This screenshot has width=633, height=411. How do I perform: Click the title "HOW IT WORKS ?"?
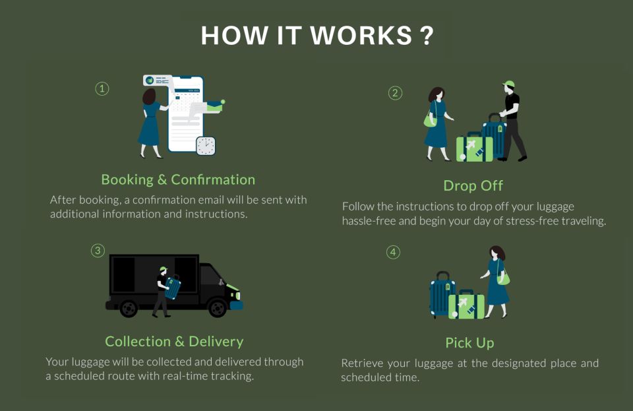click(x=316, y=36)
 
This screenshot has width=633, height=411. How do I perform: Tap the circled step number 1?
click(x=102, y=88)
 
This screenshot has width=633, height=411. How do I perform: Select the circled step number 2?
click(x=395, y=93)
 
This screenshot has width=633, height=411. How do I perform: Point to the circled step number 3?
click(x=98, y=250)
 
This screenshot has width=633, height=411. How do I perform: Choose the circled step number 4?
click(x=393, y=252)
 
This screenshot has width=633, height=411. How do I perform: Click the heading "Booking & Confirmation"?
click(x=178, y=179)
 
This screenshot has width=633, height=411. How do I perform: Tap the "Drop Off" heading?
click(x=473, y=185)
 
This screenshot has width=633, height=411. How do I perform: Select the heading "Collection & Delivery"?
click(x=174, y=341)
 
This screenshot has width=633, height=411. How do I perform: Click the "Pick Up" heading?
click(x=469, y=343)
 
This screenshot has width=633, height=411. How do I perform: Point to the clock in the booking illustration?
click(x=206, y=146)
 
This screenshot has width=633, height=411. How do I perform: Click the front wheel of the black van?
click(x=217, y=307)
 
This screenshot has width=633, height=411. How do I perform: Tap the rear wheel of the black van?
click(x=129, y=307)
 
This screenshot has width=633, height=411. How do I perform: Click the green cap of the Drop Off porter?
click(x=508, y=84)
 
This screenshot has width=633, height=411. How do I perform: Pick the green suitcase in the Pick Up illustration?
click(x=466, y=305)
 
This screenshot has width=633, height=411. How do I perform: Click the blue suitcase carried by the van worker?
click(x=173, y=288)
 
